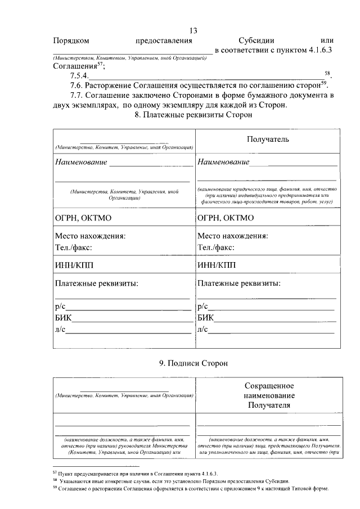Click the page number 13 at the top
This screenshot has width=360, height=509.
coord(193,30)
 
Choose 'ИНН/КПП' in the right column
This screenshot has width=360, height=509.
coord(217,265)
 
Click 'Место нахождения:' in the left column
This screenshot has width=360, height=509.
coord(89,236)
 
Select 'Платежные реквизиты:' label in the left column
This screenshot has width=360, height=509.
coord(96,283)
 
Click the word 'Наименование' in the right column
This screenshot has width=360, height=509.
coord(223,163)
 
